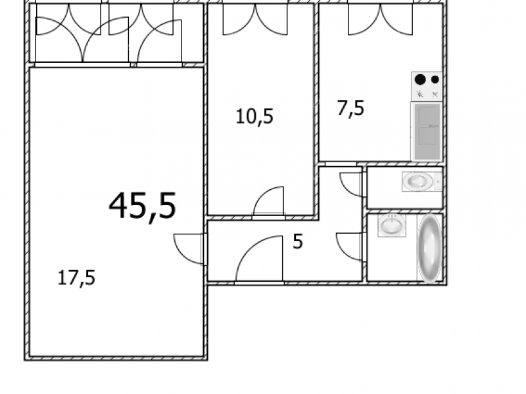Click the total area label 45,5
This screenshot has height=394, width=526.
143,206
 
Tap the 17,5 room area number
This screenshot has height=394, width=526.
76,278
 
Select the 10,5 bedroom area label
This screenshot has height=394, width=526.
254,117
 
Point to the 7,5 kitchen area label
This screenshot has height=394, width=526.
350,108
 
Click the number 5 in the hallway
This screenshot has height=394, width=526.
298,241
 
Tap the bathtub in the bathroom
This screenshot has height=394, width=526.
430,248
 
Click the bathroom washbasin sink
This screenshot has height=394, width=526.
392,225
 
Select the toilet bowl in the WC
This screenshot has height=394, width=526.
418,181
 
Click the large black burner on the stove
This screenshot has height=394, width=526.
420,79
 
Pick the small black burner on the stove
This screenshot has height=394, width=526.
435,79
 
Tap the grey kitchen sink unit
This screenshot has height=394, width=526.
427,132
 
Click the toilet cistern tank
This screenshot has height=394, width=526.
437,181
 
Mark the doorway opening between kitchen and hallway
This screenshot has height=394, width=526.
341,164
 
